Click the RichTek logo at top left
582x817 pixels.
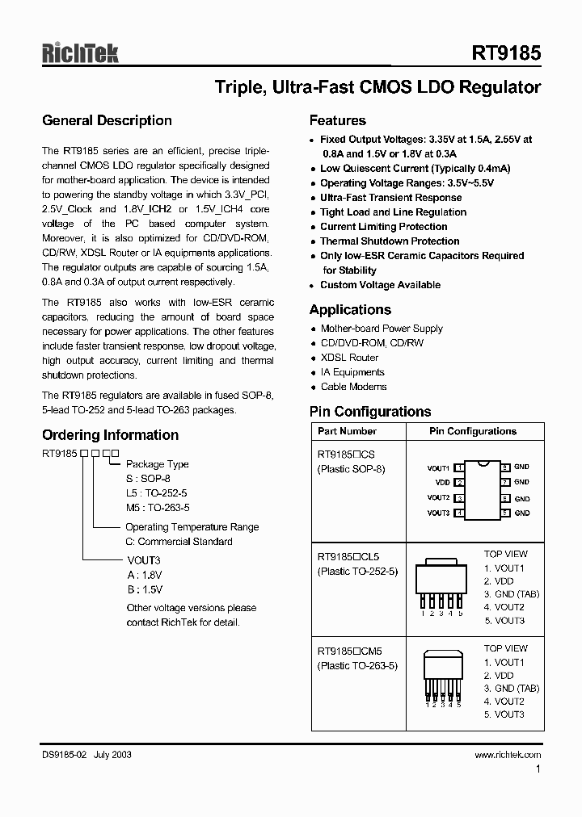(80, 53)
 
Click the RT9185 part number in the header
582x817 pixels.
(506, 54)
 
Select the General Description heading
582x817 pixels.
(107, 121)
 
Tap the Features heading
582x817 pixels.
(338, 121)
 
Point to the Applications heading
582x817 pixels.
(350, 310)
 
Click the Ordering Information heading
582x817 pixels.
(110, 435)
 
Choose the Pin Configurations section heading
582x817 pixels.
(370, 412)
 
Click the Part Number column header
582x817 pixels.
(347, 431)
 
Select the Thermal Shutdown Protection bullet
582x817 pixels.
(390, 241)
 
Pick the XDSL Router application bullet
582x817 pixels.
(349, 358)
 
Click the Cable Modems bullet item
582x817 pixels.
(353, 387)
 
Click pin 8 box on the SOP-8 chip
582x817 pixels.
(505, 467)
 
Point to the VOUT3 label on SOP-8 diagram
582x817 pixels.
(438, 513)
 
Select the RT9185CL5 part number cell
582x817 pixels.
(348, 557)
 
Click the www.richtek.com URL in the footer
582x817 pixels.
(508, 754)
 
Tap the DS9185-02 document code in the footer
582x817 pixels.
(65, 754)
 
